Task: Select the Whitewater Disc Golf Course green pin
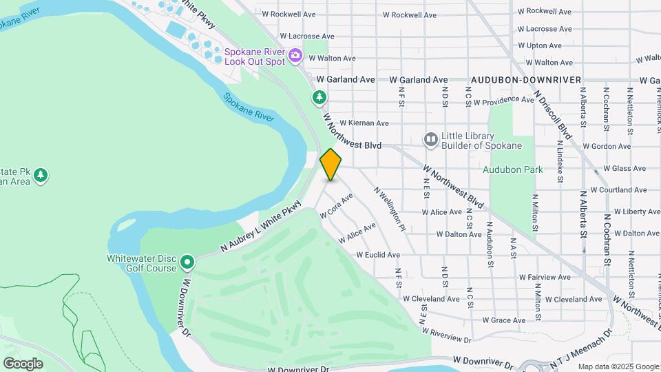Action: (187, 262)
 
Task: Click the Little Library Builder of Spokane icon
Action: (431, 140)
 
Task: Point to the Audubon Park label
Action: (512, 169)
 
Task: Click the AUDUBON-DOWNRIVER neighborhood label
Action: (525, 80)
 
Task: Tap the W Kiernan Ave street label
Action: (364, 123)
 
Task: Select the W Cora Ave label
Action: (337, 206)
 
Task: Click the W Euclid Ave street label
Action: (378, 255)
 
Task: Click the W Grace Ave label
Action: (504, 320)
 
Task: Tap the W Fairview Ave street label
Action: (545, 277)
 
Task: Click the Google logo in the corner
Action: (23, 363)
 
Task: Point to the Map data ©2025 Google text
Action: (617, 366)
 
